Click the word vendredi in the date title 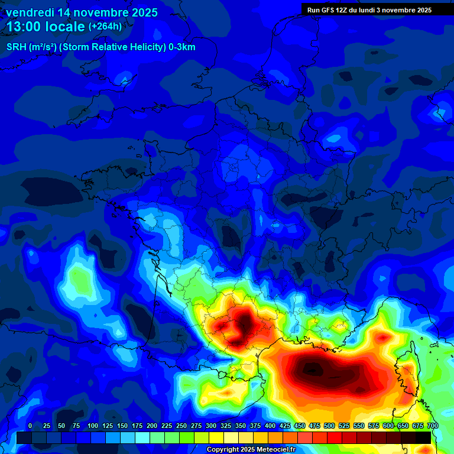click(x=30, y=12)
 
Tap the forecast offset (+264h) click(x=105, y=27)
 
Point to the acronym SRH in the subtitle click(x=16, y=47)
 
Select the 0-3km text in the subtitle click(x=182, y=47)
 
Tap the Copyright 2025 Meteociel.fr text click(x=251, y=450)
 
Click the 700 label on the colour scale click(x=432, y=426)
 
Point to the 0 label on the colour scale click(x=30, y=426)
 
